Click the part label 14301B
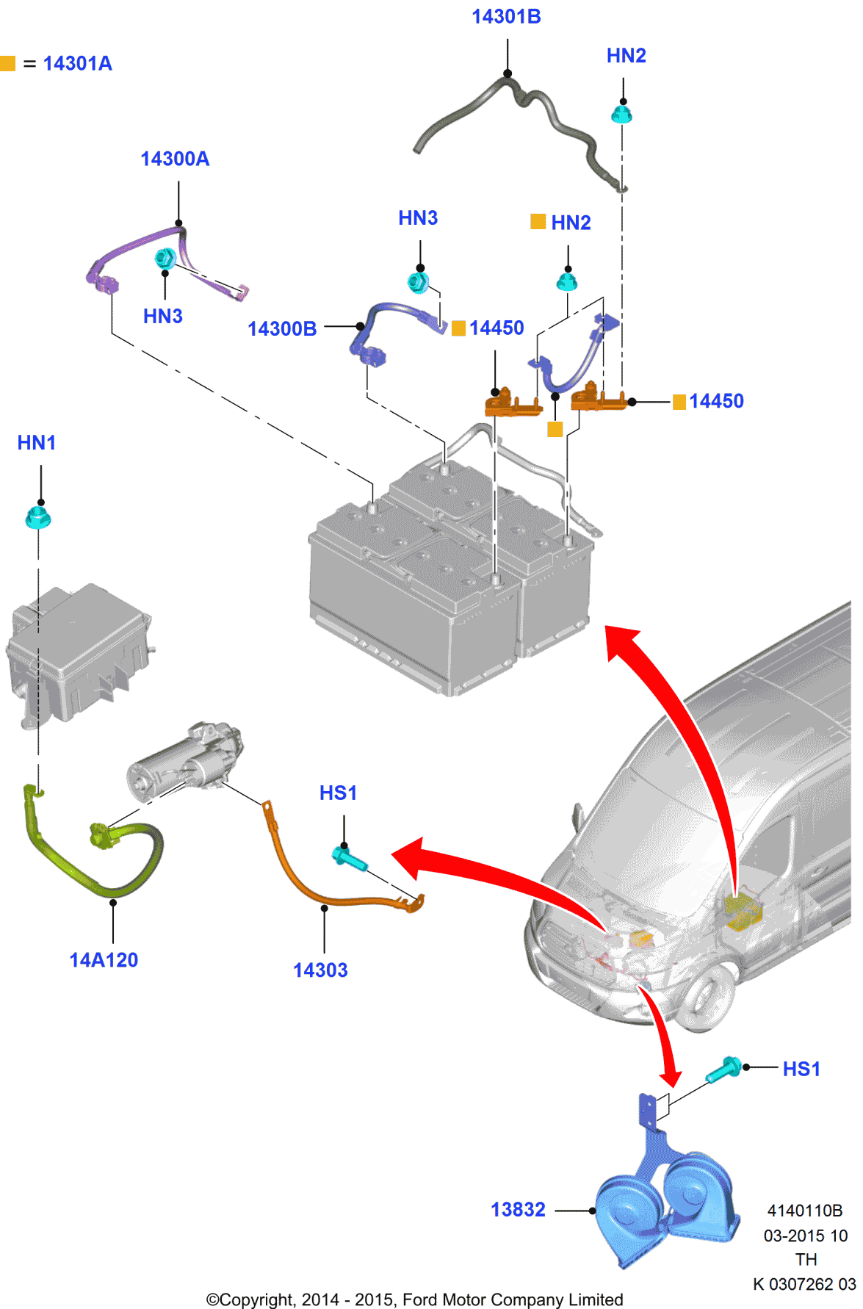506,16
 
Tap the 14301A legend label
77,63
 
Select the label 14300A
175,159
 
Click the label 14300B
282,328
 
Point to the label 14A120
104,959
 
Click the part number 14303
320,970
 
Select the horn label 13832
518,1209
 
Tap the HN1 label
36,442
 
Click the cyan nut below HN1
37,518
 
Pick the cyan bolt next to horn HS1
724,1070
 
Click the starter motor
184,764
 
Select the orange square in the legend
8,63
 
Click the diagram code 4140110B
804,1210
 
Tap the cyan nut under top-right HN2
622,114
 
